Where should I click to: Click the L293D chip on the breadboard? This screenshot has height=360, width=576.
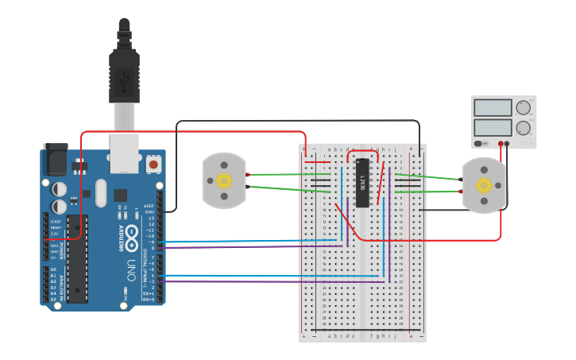point(362,182)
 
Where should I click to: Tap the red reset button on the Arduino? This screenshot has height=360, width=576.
point(153,165)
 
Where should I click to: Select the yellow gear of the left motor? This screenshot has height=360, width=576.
point(224,180)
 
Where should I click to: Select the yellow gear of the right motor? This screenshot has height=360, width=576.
point(484,186)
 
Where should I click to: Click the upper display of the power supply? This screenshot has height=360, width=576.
point(492,108)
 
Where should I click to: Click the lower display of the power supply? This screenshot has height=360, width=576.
point(492,127)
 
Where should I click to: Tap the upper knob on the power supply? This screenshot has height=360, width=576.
point(523,108)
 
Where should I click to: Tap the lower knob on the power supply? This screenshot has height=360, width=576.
point(523,127)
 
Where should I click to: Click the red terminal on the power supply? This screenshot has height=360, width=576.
point(501,144)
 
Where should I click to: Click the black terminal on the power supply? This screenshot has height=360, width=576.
point(507,144)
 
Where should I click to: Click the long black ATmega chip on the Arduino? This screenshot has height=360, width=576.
point(77,258)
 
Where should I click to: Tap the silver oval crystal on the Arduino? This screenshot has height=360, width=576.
point(100,192)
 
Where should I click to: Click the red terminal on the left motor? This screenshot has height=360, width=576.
point(248,175)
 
